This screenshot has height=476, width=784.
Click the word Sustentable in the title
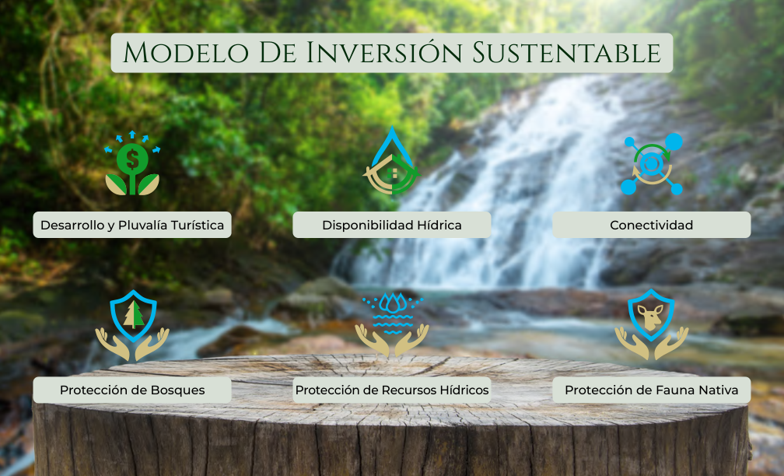coord(567,53)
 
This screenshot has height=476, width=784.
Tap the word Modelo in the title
coord(186,53)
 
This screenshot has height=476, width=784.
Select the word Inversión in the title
coord(385,52)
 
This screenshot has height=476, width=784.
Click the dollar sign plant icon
coord(132,163)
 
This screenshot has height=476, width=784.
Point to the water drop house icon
coord(391,160)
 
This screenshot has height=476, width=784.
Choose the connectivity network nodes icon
coord(652,163)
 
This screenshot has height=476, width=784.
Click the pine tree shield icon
coord(132,325)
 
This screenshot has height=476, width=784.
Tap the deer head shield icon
coord(652,324)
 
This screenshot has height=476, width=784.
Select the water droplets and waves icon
coord(392,324)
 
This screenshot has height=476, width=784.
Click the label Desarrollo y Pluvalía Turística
coord(132,225)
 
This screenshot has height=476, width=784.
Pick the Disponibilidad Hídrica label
coord(391,225)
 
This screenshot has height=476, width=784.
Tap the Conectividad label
coord(652,225)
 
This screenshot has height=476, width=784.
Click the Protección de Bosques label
coord(132,390)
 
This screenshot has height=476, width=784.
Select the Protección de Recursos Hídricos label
coord(391,390)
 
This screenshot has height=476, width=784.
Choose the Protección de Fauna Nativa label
coord(652,390)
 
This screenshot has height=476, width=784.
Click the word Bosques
coord(177,390)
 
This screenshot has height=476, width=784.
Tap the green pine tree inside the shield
coord(133,315)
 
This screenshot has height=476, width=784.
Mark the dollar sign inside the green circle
coord(132,159)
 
